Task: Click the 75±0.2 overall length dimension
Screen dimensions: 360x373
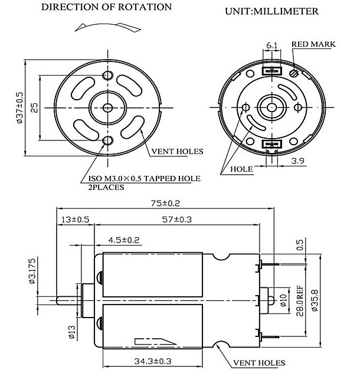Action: [165, 204]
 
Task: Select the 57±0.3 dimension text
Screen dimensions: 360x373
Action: [176, 220]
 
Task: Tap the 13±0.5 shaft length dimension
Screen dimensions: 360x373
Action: [75, 220]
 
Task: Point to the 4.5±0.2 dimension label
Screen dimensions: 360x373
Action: [124, 240]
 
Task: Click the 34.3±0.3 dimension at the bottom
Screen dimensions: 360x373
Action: [153, 361]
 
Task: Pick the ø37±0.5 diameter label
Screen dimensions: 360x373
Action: [19, 107]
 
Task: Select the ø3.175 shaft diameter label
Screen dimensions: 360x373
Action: [32, 271]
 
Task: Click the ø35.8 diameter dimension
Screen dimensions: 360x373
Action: [315, 300]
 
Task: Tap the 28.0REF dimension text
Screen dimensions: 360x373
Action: [300, 300]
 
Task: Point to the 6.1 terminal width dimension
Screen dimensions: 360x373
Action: [271, 45]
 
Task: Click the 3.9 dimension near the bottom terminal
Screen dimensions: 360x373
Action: [298, 161]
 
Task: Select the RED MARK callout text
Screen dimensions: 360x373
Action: [313, 44]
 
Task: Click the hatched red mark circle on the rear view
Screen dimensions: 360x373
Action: [294, 73]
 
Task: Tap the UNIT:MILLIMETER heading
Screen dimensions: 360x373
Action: [271, 11]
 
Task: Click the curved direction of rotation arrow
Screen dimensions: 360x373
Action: [108, 27]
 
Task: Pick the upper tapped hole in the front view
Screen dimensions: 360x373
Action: [108, 76]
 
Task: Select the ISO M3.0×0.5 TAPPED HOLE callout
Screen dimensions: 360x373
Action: [145, 178]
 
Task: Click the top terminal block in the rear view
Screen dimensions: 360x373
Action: [271, 71]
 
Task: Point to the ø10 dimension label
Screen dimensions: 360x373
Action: [283, 300]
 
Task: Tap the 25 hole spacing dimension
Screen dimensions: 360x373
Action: [34, 107]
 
